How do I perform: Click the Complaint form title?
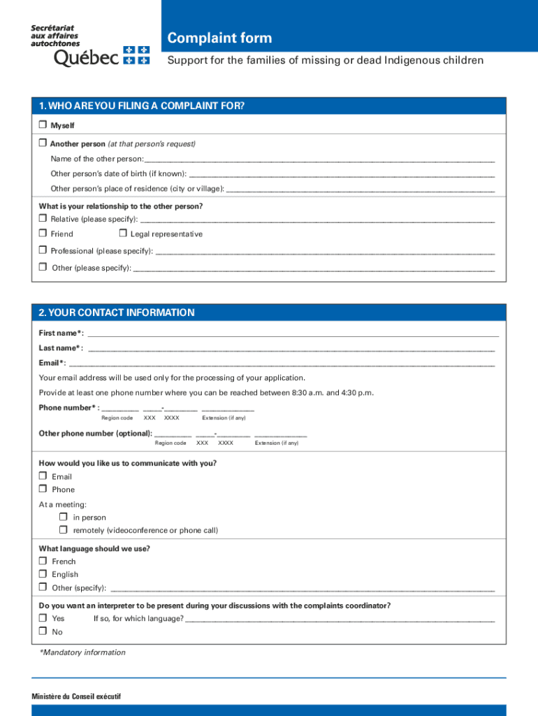[219, 38]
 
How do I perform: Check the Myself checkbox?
[43, 125]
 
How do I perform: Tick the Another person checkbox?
[43, 143]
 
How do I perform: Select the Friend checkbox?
[43, 234]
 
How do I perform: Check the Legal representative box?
[122, 234]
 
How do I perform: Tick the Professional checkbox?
[43, 250]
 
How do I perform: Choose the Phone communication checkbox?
[43, 489]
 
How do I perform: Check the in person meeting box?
[64, 517]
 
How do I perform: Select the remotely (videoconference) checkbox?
[64, 530]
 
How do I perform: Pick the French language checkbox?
[43, 561]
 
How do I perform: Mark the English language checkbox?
[43, 574]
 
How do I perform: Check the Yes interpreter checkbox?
[43, 618]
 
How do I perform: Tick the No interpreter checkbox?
[43, 631]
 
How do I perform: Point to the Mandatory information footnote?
[82, 653]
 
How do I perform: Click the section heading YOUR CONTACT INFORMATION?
[117, 313]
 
